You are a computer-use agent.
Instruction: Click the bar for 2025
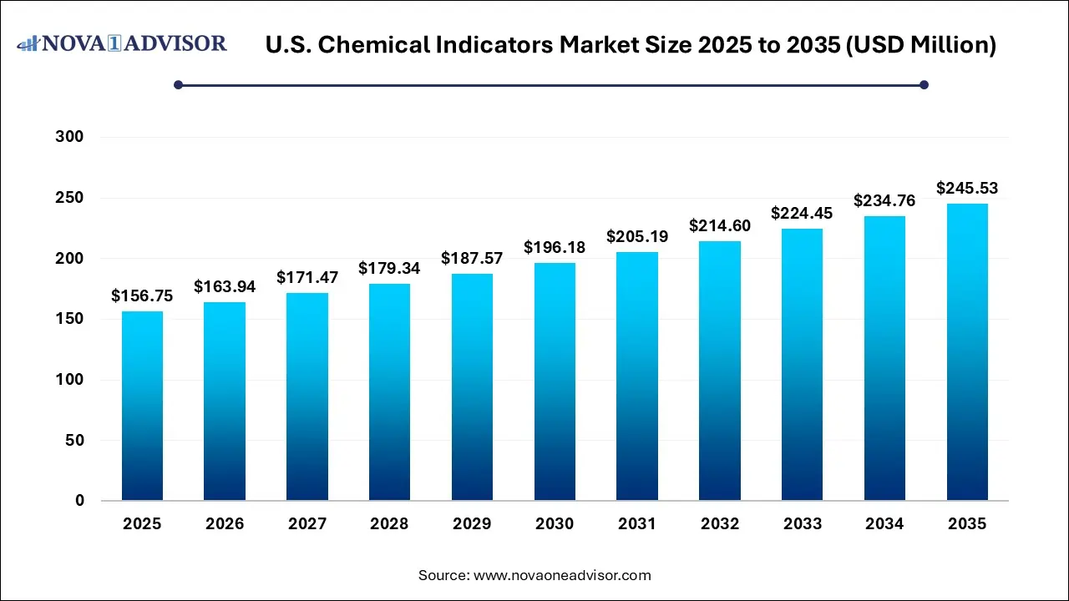(x=142, y=406)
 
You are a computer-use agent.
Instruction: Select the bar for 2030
(x=555, y=381)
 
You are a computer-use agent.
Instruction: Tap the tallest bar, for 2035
(x=967, y=351)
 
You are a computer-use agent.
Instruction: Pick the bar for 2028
(x=389, y=392)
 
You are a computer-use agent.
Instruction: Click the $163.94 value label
(x=225, y=286)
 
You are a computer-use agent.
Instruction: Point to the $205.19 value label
(x=637, y=236)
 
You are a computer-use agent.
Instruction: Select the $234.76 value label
(x=884, y=200)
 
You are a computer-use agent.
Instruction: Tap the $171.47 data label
(x=307, y=277)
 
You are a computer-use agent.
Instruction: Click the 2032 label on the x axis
(x=720, y=524)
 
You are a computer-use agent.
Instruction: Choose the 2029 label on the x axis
(x=472, y=524)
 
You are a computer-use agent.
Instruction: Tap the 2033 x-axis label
(x=803, y=524)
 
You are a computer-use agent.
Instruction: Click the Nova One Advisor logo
(x=122, y=43)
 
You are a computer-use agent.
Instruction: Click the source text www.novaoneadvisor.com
(x=561, y=575)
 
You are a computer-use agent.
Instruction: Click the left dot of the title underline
(x=178, y=84)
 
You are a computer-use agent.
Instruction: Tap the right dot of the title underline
(x=924, y=84)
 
